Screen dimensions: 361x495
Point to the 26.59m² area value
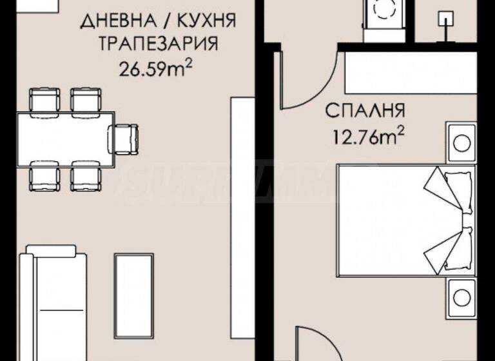point(157,68)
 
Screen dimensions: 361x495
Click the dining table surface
point(64,136)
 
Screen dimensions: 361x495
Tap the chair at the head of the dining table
point(124,136)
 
